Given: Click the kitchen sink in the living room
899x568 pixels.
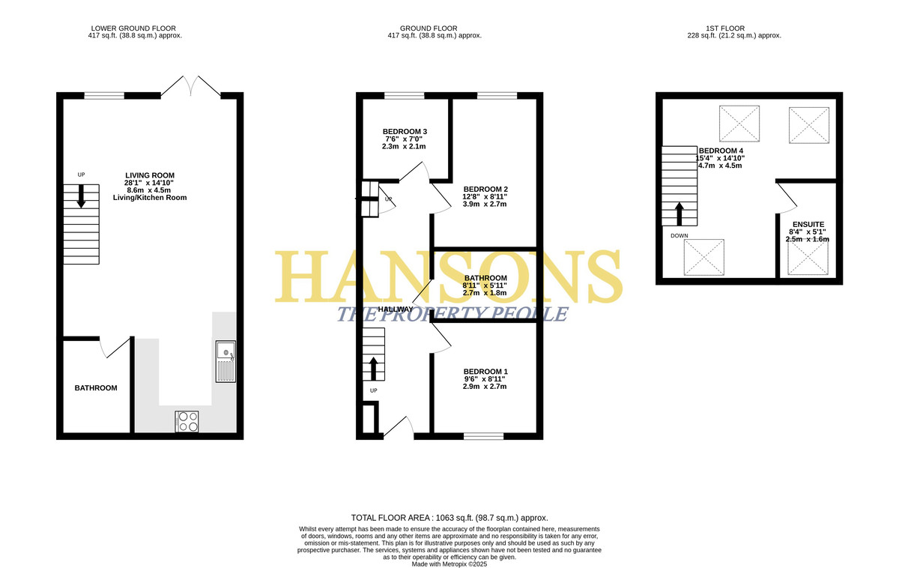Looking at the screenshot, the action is (x=225, y=361).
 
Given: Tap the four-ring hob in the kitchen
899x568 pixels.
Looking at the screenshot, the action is (x=187, y=421).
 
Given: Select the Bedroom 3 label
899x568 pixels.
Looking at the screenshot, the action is (x=405, y=132).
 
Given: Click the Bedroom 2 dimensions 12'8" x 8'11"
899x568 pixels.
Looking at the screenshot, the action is (x=485, y=196).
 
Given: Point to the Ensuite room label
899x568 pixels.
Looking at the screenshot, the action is (x=808, y=224).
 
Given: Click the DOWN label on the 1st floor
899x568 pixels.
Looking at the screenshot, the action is (x=679, y=235).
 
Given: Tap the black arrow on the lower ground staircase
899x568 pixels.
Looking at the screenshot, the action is (x=81, y=196).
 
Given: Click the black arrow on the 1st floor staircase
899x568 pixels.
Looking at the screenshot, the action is (x=679, y=214).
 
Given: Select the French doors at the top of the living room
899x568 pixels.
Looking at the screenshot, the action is (x=190, y=86).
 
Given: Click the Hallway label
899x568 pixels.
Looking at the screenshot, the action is (x=396, y=309).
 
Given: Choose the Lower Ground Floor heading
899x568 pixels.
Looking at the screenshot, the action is (x=133, y=28).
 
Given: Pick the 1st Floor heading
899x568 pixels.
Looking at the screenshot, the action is (x=725, y=28).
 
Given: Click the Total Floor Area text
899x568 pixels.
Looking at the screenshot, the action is (x=449, y=518).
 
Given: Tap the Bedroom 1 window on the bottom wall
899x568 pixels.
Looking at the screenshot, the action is (x=484, y=436).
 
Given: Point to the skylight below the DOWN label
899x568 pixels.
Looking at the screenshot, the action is (x=704, y=257).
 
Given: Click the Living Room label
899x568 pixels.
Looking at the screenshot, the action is (x=150, y=175).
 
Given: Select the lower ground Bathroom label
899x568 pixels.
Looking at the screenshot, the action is (x=96, y=387).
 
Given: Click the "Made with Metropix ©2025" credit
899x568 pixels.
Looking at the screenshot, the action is (x=449, y=564).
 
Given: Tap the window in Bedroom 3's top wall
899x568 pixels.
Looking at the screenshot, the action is (x=404, y=95).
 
